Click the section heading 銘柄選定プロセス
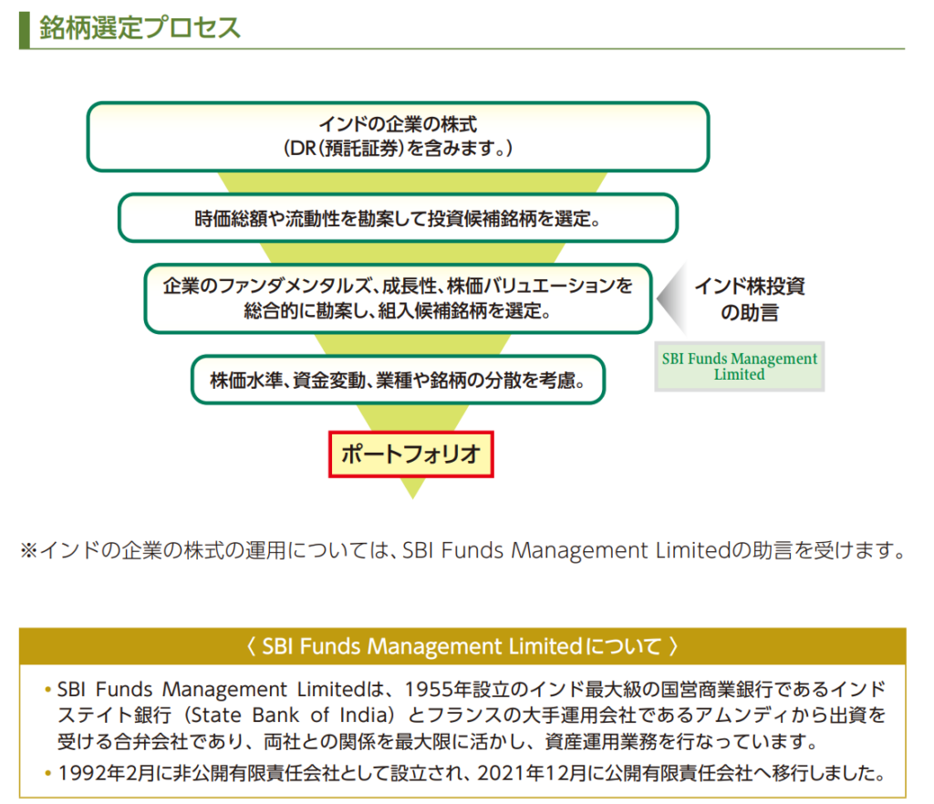[140, 27]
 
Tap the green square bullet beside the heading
[25, 28]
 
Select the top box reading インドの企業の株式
[398, 136]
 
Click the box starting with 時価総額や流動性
[398, 219]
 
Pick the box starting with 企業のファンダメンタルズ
[398, 298]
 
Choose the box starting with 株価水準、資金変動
[398, 380]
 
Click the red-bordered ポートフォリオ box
[410, 454]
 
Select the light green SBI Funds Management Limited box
[739, 366]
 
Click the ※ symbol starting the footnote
[27, 551]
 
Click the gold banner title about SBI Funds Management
[462, 647]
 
